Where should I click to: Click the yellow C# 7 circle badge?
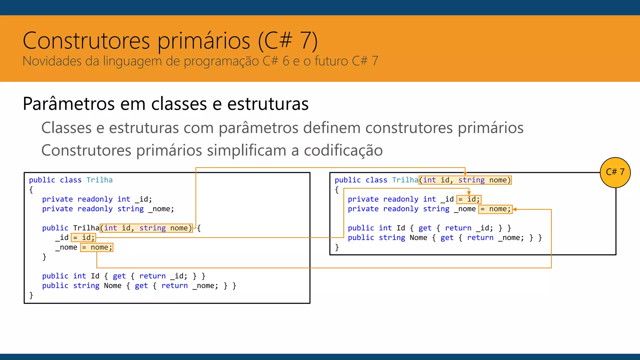point(615,172)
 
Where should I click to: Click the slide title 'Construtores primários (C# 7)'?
point(170,41)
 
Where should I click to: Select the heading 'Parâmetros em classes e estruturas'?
point(166,104)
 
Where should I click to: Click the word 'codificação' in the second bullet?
point(343,150)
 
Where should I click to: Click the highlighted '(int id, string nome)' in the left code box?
point(146,228)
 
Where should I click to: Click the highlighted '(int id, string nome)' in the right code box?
point(465,180)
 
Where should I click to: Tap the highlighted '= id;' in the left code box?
point(83,238)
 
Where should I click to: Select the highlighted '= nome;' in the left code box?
point(97,247)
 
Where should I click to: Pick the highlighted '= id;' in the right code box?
point(469,199)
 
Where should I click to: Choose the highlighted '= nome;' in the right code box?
point(495,209)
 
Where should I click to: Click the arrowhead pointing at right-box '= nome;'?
point(515,209)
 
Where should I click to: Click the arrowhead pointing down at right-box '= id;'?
point(469,193)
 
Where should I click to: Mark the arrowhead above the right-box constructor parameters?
point(465,173)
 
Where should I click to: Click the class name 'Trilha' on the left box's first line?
point(99,180)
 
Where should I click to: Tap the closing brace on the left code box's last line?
point(31,295)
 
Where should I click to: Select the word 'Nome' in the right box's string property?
point(418,238)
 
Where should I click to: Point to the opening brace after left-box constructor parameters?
point(199,228)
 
